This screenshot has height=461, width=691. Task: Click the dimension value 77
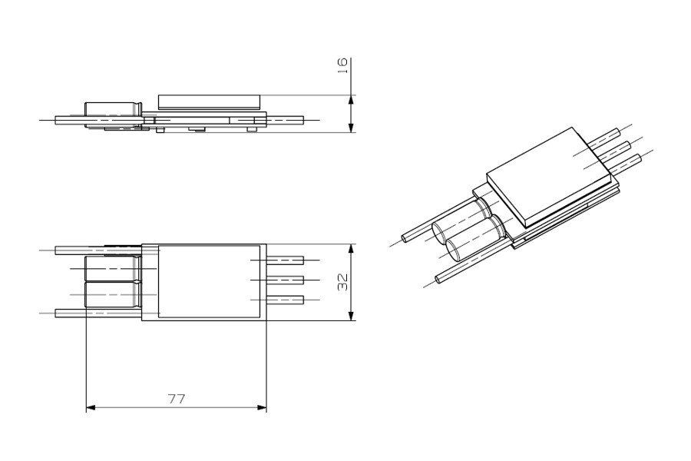(177, 399)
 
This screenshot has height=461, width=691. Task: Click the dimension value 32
(343, 282)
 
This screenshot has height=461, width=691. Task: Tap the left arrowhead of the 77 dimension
(91, 407)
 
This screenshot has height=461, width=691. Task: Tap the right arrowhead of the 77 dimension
(262, 407)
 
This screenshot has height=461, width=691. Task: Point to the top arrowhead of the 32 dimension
(351, 249)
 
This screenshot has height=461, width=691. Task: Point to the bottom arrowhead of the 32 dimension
(351, 316)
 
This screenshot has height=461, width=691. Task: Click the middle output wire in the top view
(285, 280)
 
